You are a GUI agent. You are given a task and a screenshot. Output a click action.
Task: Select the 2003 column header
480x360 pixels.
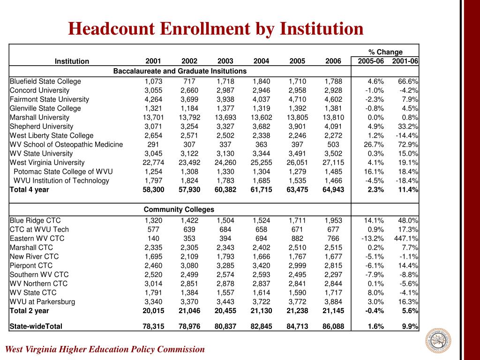pyautogui.click(x=225, y=61)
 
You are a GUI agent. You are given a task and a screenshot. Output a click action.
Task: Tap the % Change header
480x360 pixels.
pyautogui.click(x=385, y=52)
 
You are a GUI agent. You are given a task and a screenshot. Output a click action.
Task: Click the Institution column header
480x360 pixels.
pyautogui.click(x=72, y=61)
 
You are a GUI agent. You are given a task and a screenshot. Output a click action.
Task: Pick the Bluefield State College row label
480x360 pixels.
pyautogui.click(x=45, y=81)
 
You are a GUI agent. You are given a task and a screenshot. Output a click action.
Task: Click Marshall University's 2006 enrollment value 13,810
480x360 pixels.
pyautogui.click(x=333, y=117)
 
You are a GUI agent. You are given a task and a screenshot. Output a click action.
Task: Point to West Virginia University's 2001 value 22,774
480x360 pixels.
pyautogui.click(x=153, y=163)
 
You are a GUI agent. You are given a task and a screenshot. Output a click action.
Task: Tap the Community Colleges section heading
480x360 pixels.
pyautogui.click(x=179, y=210)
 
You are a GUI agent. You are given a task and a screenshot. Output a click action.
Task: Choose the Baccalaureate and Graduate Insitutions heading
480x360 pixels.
pyautogui.click(x=180, y=71)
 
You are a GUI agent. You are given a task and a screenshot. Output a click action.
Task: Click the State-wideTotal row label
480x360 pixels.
pyautogui.click(x=36, y=326)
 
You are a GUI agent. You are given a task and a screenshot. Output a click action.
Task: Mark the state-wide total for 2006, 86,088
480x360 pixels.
pyautogui.click(x=333, y=326)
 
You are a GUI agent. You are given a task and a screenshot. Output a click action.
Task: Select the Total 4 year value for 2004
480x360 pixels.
pyautogui.click(x=261, y=189)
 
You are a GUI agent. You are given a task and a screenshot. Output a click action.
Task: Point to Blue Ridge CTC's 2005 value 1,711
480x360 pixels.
pyautogui.click(x=297, y=220)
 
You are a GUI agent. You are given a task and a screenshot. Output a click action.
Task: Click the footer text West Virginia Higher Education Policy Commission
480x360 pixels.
pyautogui.click(x=105, y=349)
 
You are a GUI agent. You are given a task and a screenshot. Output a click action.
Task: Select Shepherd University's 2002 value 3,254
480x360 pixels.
pyautogui.click(x=189, y=126)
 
